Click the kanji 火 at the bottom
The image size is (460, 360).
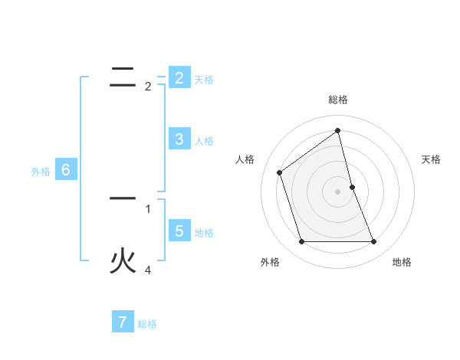point(123,260)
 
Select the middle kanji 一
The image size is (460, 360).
point(123,198)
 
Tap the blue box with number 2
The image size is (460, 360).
point(179,77)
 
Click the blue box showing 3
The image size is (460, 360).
point(179,139)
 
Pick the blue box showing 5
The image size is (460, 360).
point(179,231)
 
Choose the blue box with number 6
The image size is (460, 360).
point(65,170)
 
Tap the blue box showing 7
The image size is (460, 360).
point(123,322)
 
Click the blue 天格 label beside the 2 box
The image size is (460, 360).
point(204,80)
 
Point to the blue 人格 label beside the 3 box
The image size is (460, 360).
point(204,141)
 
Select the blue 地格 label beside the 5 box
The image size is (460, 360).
point(204,233)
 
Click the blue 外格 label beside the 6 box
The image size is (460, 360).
point(41,172)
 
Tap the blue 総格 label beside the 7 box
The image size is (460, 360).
point(147,324)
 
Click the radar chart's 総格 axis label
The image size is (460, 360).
point(338,100)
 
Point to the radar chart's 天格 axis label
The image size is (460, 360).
point(432,159)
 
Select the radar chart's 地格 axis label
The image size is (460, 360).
point(402,262)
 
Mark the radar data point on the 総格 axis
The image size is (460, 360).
point(338,130)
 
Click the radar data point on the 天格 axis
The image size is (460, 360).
point(352,187)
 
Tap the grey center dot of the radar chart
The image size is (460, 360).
point(338,191)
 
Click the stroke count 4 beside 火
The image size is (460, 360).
point(148,270)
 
